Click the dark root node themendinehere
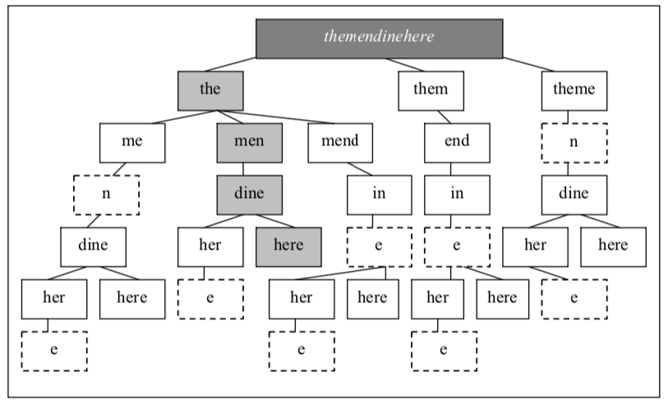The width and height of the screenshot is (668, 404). point(379,39)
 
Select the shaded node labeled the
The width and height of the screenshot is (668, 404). point(211,90)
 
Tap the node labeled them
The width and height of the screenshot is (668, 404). point(431,90)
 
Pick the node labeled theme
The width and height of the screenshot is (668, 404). point(574,90)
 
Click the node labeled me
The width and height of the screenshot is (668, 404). point(132,142)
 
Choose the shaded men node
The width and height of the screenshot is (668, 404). point(250,142)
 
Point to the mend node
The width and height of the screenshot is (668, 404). point(340,142)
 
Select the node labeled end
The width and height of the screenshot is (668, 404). point(457,142)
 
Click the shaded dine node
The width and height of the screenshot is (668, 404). point(250,194)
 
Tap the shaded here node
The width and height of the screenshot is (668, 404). point(288,246)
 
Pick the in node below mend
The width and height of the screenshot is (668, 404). point(379,194)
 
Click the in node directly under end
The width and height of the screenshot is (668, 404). point(457,194)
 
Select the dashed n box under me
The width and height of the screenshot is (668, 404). point(107,194)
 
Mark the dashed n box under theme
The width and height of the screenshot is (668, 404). point(574,142)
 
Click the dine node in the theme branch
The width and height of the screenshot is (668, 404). point(574,194)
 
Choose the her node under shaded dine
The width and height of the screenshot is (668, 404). point(211,246)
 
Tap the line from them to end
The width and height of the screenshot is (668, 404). point(445,117)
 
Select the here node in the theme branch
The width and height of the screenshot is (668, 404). point(613,246)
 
